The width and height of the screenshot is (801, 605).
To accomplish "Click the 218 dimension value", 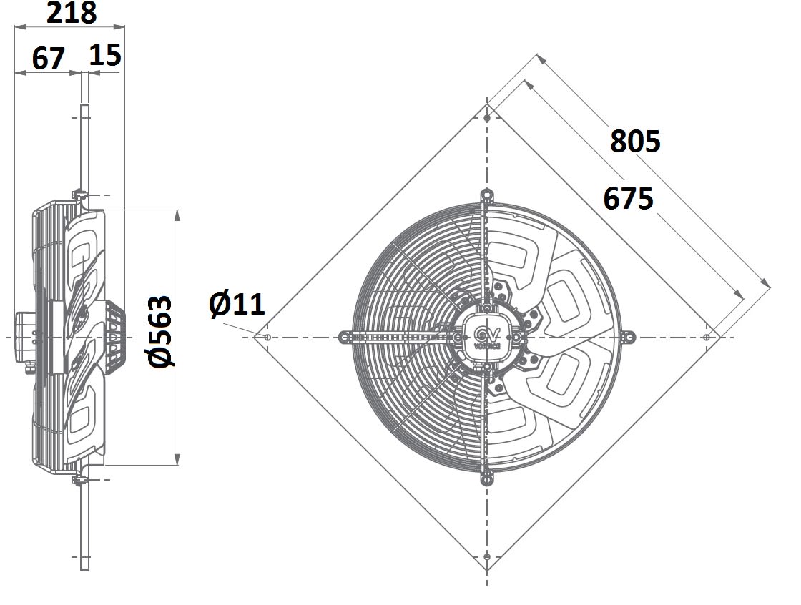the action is coord(72,13).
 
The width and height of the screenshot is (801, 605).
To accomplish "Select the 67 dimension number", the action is coord(49,58).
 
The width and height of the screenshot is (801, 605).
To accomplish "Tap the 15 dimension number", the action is coord(105,54).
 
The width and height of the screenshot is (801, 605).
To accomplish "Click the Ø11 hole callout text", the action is coord(237,304).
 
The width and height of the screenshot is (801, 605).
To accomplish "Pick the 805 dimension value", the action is coord(635,141).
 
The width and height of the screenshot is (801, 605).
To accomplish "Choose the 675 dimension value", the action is coord(628,198).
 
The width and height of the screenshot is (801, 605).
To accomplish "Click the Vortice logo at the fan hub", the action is coord(487,338).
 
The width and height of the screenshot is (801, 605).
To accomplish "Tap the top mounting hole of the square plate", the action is coord(487,118).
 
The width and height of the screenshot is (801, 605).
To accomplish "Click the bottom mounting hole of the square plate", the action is coord(487,557).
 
